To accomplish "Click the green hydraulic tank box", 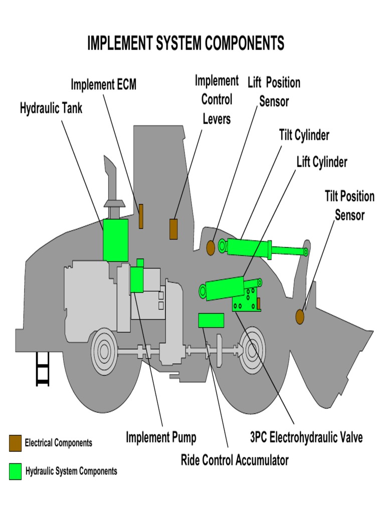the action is (x=115, y=240).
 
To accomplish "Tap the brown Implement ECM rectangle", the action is (x=141, y=216).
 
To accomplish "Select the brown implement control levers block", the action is (x=173, y=229).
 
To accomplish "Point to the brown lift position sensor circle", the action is (x=211, y=247).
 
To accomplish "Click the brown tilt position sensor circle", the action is (x=300, y=317).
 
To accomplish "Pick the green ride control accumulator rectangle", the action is (x=211, y=320).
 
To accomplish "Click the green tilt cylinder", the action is (x=264, y=248).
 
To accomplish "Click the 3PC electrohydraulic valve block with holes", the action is (x=247, y=300).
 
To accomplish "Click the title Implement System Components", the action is (x=185, y=43).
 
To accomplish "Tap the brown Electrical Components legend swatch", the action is (x=15, y=443).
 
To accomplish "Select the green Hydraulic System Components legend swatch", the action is (x=15, y=471).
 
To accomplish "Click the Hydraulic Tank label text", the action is (x=51, y=108).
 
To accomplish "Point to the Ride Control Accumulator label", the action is (x=235, y=460).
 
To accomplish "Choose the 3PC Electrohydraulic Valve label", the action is (x=306, y=437).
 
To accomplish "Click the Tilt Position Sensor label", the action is (x=349, y=205).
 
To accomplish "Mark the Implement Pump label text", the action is (x=161, y=437).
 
